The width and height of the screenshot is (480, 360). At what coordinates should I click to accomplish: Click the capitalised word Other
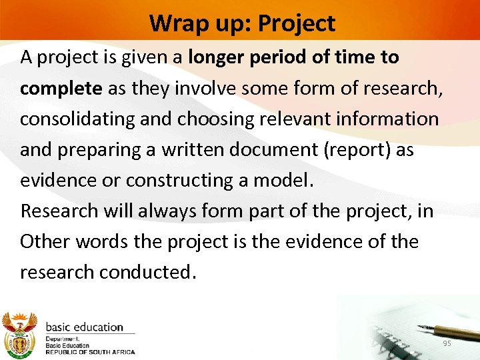point(45,241)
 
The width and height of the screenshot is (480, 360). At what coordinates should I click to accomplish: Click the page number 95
point(447,343)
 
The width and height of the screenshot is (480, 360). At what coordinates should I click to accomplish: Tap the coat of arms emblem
point(19,333)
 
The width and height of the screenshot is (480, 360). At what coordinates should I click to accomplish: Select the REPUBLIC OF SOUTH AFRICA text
point(90,351)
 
